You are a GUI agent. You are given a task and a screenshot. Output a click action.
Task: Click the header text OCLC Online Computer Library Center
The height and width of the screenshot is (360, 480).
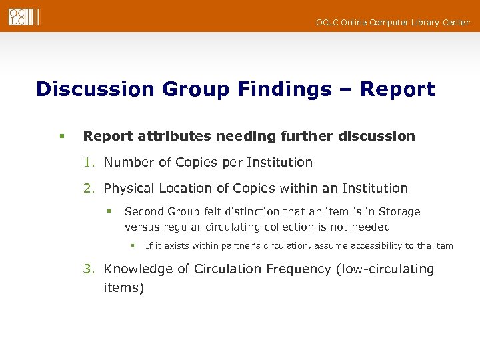click(x=393, y=23)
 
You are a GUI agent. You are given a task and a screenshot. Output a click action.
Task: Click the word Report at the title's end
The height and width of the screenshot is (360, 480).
click(x=397, y=89)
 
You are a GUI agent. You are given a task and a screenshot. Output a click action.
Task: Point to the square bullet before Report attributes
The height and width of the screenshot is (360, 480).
click(x=61, y=137)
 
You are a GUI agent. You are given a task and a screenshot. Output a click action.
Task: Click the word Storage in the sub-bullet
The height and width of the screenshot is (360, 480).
click(x=399, y=211)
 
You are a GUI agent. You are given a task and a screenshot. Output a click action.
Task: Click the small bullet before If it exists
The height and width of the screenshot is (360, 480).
click(x=133, y=246)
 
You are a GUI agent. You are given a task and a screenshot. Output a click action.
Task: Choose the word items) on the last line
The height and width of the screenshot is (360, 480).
click(x=123, y=288)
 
